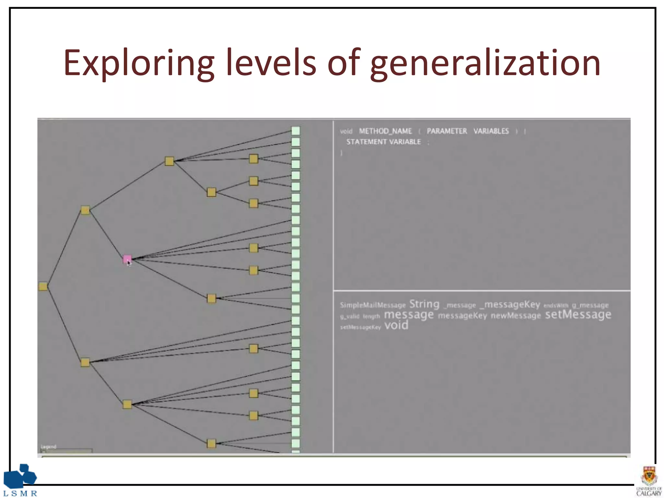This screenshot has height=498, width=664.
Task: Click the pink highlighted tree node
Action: [127, 259]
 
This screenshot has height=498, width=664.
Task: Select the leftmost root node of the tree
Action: [43, 286]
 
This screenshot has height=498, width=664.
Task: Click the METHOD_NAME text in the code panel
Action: [385, 131]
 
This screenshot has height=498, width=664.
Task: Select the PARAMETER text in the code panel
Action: [447, 131]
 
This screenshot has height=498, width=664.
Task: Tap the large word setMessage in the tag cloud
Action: [578, 314]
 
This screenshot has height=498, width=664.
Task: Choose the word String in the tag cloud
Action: [424, 304]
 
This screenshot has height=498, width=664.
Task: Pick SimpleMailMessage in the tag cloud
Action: [373, 305]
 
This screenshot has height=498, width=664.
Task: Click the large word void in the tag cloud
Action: [396, 325]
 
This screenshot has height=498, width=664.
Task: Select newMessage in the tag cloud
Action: [516, 316]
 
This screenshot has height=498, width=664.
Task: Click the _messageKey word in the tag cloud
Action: [510, 304]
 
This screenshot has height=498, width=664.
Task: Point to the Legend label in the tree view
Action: [49, 446]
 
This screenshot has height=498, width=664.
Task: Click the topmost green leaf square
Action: [296, 131]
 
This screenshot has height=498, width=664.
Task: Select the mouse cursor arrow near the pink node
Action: [129, 263]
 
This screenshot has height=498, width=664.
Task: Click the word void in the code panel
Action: [346, 131]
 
